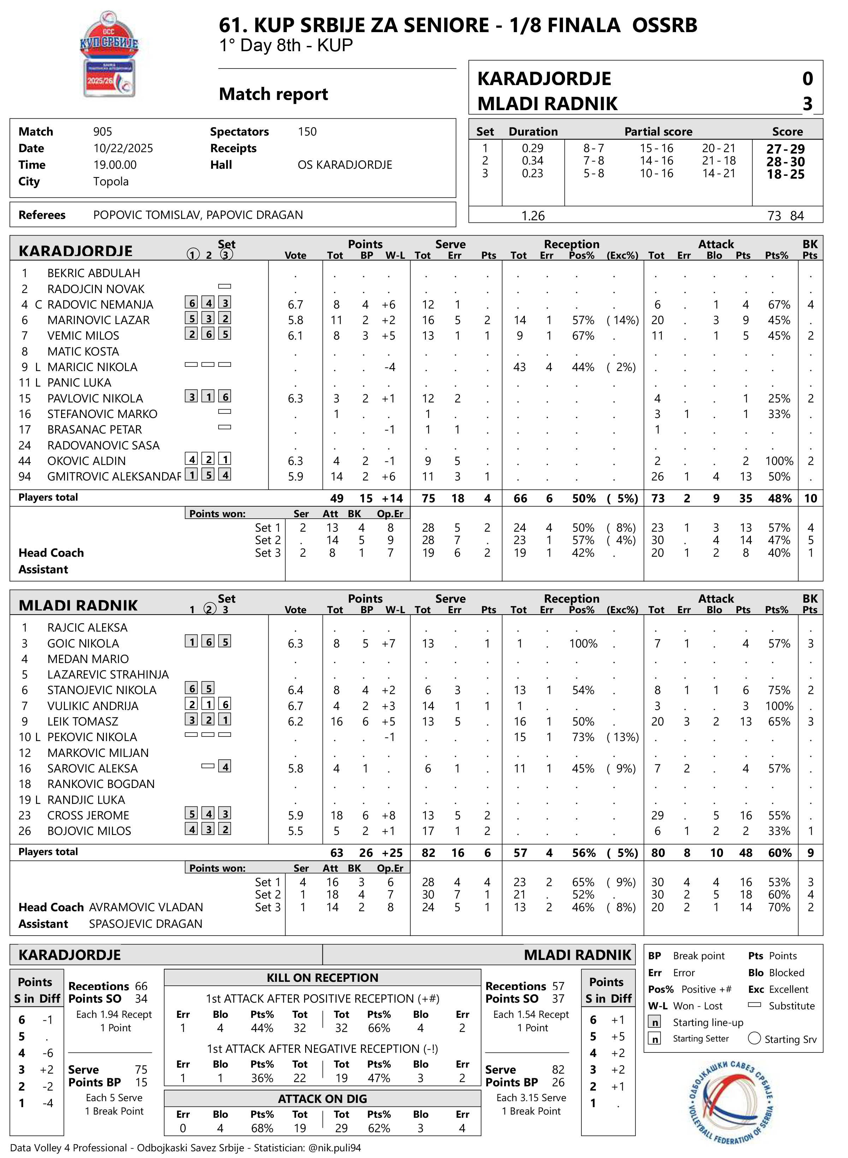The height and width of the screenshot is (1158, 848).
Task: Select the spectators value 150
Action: [x=307, y=132]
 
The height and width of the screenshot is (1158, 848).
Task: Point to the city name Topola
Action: [x=111, y=181]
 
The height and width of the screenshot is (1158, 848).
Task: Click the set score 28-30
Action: [x=785, y=162]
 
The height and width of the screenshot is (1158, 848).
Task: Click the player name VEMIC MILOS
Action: [x=83, y=336]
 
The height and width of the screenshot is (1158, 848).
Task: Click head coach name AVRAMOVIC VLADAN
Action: [x=146, y=907]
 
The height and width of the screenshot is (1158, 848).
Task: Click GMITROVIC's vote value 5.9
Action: [x=295, y=477]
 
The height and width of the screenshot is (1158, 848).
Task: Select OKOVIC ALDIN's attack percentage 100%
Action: [x=779, y=461]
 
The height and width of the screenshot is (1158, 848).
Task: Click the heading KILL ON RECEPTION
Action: [x=322, y=977]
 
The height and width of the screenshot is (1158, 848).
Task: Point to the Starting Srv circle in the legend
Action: [x=754, y=1038]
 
